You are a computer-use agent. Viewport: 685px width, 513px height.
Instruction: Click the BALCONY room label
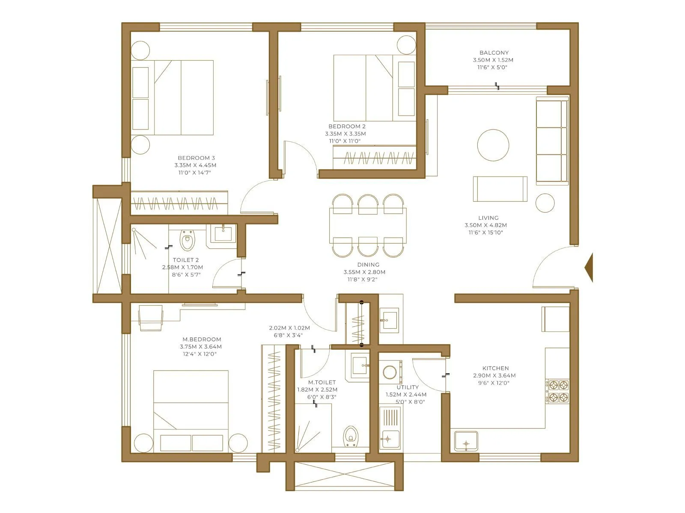[x=494, y=53]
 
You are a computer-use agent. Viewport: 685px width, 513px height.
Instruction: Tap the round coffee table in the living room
[x=493, y=145]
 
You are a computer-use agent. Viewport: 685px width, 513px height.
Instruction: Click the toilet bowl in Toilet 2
[x=187, y=241]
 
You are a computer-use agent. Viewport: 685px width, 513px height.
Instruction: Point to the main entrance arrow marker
[x=589, y=268]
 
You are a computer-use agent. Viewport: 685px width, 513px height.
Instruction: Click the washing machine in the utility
[x=390, y=372]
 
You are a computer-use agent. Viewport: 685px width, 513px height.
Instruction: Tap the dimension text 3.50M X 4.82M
[x=485, y=225]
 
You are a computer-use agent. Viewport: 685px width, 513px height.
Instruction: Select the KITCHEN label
[x=495, y=368]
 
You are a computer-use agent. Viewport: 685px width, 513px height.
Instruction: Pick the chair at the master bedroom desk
[x=151, y=318]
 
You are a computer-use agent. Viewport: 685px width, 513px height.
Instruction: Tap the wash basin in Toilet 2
[x=223, y=234]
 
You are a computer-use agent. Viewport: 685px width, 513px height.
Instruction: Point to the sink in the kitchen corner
[x=466, y=441]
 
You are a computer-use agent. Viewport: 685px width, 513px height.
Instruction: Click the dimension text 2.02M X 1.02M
[x=289, y=328]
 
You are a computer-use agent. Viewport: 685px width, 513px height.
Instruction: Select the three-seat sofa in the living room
[x=552, y=141]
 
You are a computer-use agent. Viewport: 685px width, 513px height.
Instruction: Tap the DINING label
[x=368, y=265]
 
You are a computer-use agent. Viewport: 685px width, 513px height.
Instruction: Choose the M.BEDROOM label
[x=202, y=339]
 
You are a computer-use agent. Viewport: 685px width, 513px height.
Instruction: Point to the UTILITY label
[x=408, y=387]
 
